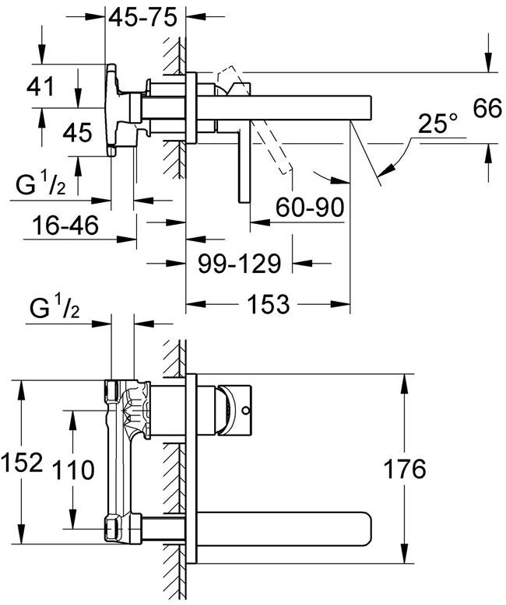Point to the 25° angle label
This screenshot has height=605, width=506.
pos(437,124)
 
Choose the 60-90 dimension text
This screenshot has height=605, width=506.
pos(310,207)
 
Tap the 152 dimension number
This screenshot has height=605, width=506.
pos(22,463)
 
